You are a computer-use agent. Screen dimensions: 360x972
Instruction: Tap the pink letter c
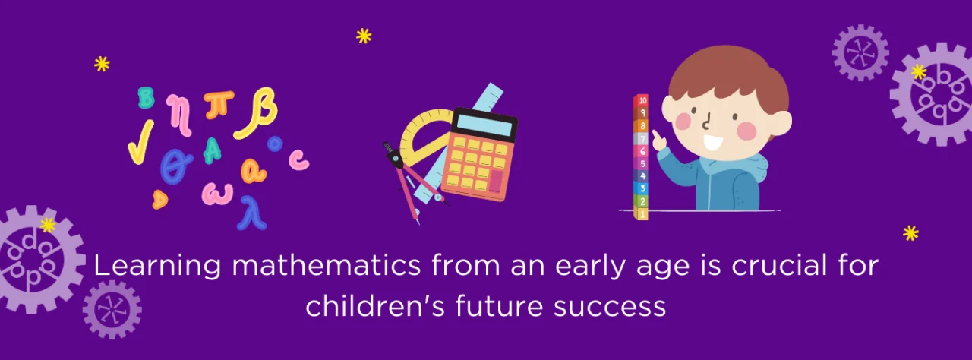(299, 159)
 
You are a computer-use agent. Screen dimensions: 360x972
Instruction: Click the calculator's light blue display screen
(484, 122)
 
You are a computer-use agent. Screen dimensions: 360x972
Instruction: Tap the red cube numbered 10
(642, 100)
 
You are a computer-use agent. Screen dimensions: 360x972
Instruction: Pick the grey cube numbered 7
(642, 138)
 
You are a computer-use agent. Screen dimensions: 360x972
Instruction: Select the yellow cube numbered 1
(642, 214)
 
